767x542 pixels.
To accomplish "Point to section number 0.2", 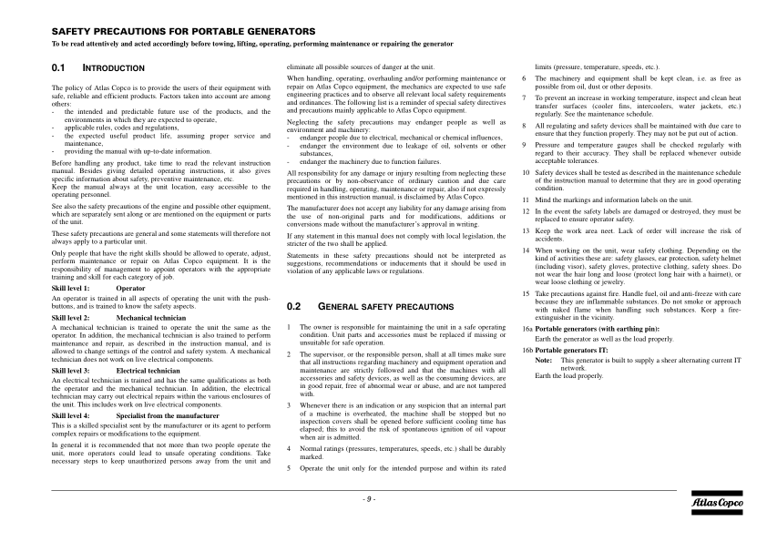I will [293, 281].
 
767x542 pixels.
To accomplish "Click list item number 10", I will [526, 172].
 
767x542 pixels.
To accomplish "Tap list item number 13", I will [526, 230].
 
